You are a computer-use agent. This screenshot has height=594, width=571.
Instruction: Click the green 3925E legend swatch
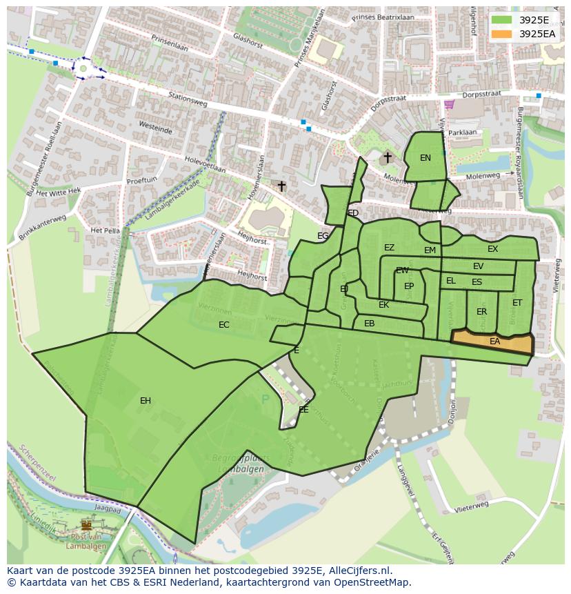pyautogui.click(x=502, y=20)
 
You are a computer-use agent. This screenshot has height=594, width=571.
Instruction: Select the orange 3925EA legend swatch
pyautogui.click(x=502, y=34)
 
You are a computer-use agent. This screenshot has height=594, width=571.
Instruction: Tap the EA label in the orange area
pyautogui.click(x=494, y=341)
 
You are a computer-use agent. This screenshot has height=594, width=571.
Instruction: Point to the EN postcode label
pyautogui.click(x=425, y=158)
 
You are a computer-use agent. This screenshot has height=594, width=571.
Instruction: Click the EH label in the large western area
pyautogui.click(x=146, y=401)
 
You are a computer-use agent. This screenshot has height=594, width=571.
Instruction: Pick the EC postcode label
pyautogui.click(x=224, y=325)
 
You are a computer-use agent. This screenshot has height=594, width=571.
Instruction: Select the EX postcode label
pyautogui.click(x=492, y=249)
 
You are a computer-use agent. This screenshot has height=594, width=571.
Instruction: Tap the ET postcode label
pyautogui.click(x=517, y=303)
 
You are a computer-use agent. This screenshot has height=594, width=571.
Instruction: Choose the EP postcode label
pyautogui.click(x=409, y=286)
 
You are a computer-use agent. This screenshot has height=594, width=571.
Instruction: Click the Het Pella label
pyautogui.click(x=106, y=230)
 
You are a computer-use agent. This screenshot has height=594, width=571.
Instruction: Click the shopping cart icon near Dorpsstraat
pyautogui.click(x=450, y=104)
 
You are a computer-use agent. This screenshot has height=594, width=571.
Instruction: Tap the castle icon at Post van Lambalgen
pyautogui.click(x=86, y=525)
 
